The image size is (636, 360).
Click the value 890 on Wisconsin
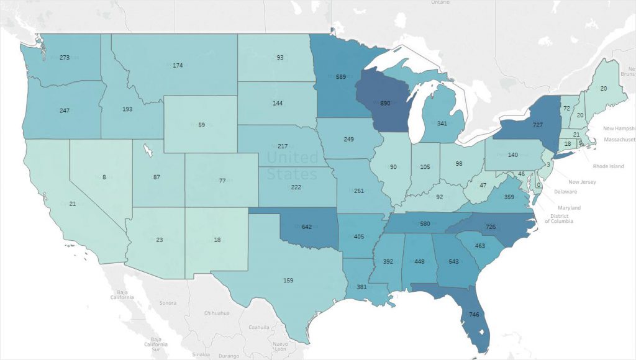coord(384,103)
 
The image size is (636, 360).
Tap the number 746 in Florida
coord(473,315)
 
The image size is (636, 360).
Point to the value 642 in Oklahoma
coord(306,227)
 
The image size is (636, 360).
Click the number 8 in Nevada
coord(104,177)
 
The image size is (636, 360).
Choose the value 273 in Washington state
coord(64,58)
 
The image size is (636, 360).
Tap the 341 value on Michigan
coord(442,123)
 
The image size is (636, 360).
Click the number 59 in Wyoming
coord(201,125)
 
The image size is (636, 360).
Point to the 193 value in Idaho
coord(127,109)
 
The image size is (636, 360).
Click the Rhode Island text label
coord(608,166)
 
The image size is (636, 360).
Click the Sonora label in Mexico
coord(168,303)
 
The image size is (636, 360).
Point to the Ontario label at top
coord(440,2)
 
